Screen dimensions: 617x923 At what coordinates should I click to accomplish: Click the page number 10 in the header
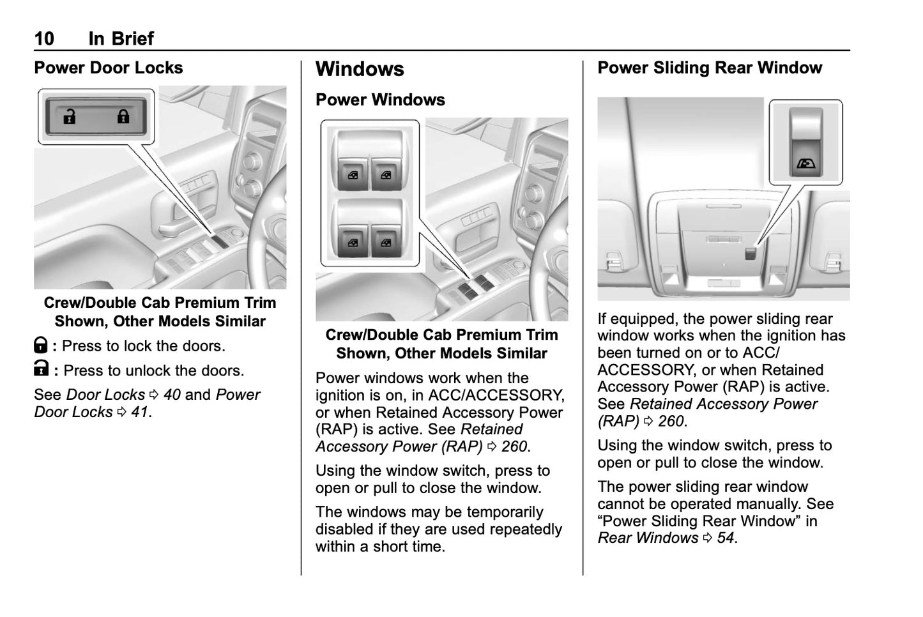point(44,38)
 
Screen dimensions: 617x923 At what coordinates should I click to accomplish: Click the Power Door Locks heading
point(108,68)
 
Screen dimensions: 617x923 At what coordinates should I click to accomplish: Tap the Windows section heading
point(360,69)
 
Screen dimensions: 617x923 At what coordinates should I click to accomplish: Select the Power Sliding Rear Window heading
point(709,68)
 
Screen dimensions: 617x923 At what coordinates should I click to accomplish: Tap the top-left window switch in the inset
point(353,174)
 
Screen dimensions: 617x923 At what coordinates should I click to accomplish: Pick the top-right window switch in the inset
point(385,174)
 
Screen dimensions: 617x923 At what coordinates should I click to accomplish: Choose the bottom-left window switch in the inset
point(353,242)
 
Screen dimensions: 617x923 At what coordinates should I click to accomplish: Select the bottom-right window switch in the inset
point(385,242)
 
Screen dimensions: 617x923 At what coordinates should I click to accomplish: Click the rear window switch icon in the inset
point(806,164)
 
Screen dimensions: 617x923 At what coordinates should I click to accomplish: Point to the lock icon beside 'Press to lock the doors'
point(40,346)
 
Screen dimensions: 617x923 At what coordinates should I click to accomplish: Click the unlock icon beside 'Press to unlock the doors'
point(41,370)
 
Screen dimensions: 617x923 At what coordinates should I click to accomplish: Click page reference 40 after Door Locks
point(172,395)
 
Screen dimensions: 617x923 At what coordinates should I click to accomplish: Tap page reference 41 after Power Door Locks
point(139,412)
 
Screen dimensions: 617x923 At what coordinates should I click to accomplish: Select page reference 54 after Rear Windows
point(725,538)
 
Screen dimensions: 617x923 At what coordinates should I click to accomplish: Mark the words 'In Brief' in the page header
point(121,38)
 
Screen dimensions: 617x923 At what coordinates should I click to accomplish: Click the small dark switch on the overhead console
point(751,252)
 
